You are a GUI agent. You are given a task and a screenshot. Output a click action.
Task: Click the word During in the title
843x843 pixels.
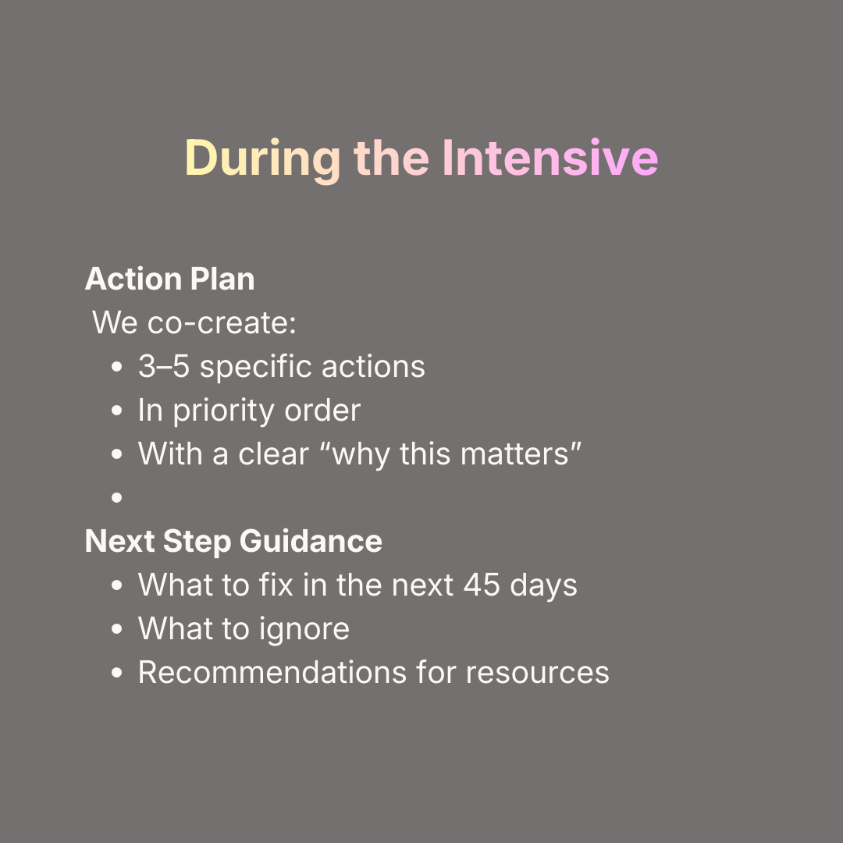click(262, 158)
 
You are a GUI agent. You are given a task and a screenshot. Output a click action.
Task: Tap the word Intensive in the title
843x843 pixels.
click(550, 158)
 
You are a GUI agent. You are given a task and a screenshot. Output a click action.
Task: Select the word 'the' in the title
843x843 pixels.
click(391, 158)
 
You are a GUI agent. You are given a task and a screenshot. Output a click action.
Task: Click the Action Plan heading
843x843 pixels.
click(169, 279)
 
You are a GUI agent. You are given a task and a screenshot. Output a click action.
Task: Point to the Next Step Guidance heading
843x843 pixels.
click(233, 541)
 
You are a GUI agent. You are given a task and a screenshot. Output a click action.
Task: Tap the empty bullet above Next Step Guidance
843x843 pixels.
click(117, 497)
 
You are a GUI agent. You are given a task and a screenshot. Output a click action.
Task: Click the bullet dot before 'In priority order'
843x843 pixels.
click(117, 411)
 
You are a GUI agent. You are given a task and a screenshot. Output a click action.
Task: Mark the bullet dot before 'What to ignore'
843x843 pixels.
click(117, 629)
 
